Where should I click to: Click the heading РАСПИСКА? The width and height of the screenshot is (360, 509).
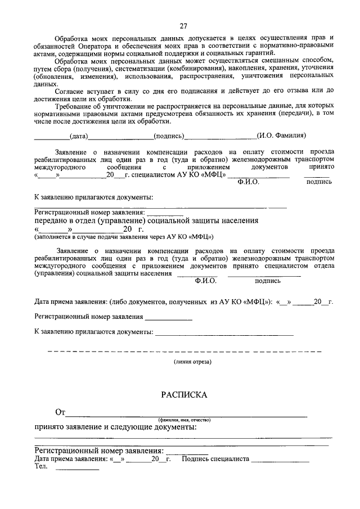184,395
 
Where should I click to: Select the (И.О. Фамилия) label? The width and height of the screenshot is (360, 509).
281,136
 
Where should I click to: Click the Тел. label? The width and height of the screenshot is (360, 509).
40,466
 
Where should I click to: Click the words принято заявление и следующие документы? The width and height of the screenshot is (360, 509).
115,427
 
